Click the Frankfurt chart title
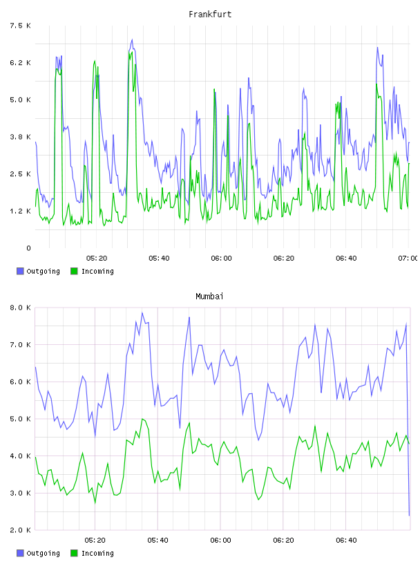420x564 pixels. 210,15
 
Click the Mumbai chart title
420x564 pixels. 209,297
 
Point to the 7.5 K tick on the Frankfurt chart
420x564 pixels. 21,26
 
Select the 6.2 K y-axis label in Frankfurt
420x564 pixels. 21,63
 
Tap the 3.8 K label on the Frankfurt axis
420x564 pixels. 21,137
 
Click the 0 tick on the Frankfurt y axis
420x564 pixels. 28,248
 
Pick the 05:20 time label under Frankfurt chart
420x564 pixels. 97,258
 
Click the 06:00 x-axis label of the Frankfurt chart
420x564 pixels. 221,258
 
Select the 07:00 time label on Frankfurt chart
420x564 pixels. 408,258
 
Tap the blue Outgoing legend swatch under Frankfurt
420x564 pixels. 20,271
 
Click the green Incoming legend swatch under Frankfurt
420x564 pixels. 74,271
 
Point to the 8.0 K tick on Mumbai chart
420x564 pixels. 21,308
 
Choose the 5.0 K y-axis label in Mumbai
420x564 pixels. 21,419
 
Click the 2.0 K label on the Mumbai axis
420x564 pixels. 21,530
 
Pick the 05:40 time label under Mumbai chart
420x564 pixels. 157,540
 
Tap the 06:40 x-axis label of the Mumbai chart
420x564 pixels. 346,540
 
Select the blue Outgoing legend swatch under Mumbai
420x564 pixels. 20,553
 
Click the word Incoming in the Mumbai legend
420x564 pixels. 98,553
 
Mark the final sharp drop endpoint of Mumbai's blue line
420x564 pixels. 409,516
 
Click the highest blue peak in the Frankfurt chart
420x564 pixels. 132,39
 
